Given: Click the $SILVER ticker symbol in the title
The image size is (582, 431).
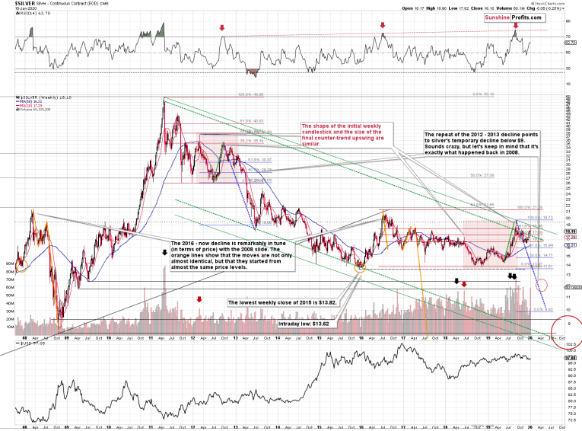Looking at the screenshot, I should [14, 5].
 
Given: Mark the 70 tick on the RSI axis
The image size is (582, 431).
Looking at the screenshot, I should [568, 37].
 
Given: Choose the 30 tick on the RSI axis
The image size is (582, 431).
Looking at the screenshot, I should [568, 69].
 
